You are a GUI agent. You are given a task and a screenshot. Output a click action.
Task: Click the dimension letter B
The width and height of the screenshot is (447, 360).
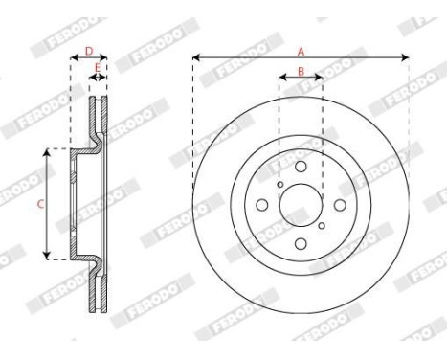coord(300,72)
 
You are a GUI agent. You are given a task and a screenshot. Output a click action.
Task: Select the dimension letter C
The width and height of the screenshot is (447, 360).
coord(40,203)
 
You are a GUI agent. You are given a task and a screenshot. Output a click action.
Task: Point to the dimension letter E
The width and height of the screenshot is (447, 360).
coord(97,68)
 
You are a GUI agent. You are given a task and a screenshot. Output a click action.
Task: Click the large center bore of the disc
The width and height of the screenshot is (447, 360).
coord(301,204)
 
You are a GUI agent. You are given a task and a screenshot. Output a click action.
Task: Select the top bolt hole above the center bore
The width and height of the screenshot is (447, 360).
coord(301,168)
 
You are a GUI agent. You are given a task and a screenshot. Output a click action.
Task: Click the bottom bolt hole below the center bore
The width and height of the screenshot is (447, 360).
coord(301,240)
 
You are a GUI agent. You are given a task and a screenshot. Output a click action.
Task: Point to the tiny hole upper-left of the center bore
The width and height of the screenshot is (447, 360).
coord(279,185)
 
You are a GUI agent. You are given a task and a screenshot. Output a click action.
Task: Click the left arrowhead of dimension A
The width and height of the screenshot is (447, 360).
coord(195,58)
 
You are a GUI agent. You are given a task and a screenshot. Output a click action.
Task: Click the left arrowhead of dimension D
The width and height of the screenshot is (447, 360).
coord(74,57)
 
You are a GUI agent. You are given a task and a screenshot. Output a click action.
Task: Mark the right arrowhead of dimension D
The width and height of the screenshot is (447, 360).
coord(105,57)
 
